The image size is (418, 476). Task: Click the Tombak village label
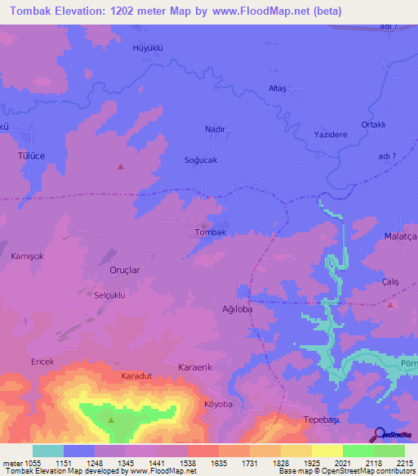[x=210, y=232]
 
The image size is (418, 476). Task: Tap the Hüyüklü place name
[x=148, y=48]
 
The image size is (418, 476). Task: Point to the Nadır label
[x=214, y=129]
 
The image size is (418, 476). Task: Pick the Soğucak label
[x=201, y=160]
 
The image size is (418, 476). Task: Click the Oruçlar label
[x=125, y=270]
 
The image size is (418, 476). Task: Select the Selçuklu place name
[x=109, y=295]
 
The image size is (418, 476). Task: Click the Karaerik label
[x=195, y=368]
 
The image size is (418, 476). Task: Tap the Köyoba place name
[x=218, y=404]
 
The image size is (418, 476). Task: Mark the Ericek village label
[x=43, y=361]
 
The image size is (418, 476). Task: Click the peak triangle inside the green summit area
[x=112, y=420]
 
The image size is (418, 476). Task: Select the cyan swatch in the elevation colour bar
[x=48, y=451]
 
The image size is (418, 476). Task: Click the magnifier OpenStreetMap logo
[x=380, y=433]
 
